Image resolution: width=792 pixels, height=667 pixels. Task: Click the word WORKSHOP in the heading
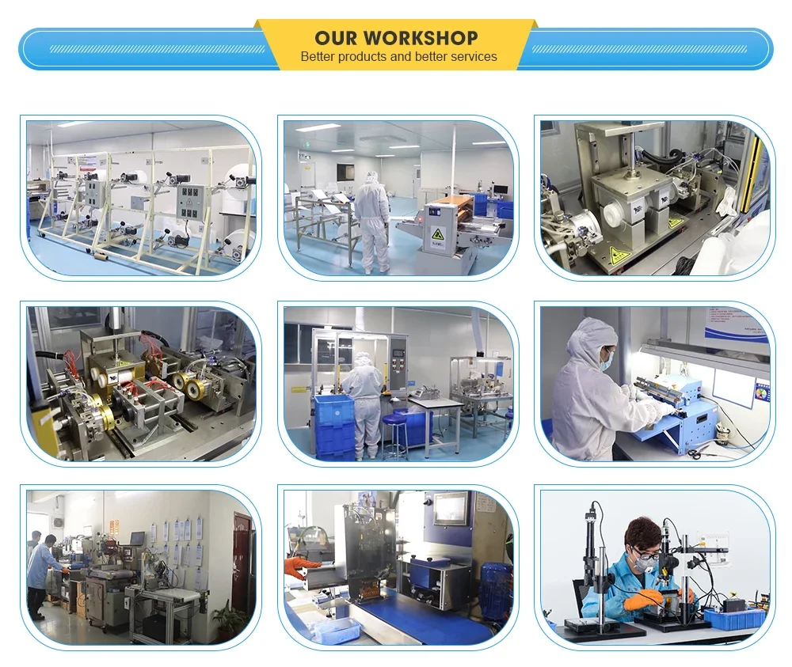point(421,38)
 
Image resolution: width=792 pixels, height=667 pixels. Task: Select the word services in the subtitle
point(474,56)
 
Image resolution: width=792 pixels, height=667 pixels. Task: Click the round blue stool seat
point(395,420)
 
